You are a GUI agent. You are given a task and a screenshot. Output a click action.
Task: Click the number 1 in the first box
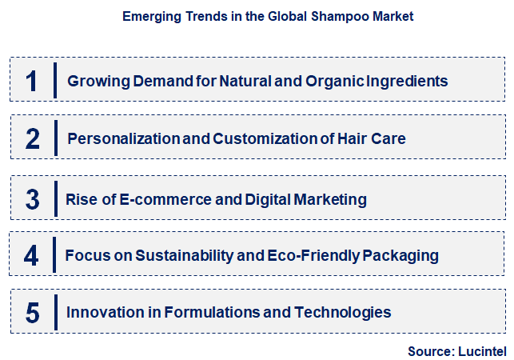point(31,81)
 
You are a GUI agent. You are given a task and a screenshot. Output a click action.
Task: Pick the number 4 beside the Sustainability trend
point(31,256)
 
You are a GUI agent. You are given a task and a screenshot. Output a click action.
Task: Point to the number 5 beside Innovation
point(32,313)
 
